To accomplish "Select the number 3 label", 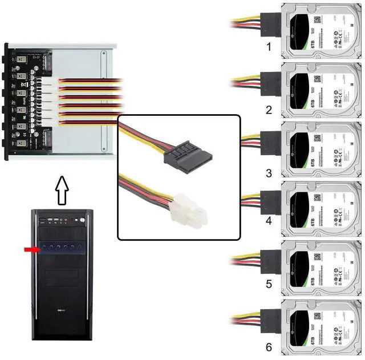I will pyautogui.click(x=269, y=172).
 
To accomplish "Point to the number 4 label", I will pyautogui.click(x=269, y=219).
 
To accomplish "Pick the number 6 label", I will pyautogui.click(x=269, y=346).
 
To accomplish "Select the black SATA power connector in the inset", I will pyautogui.click(x=188, y=153).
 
